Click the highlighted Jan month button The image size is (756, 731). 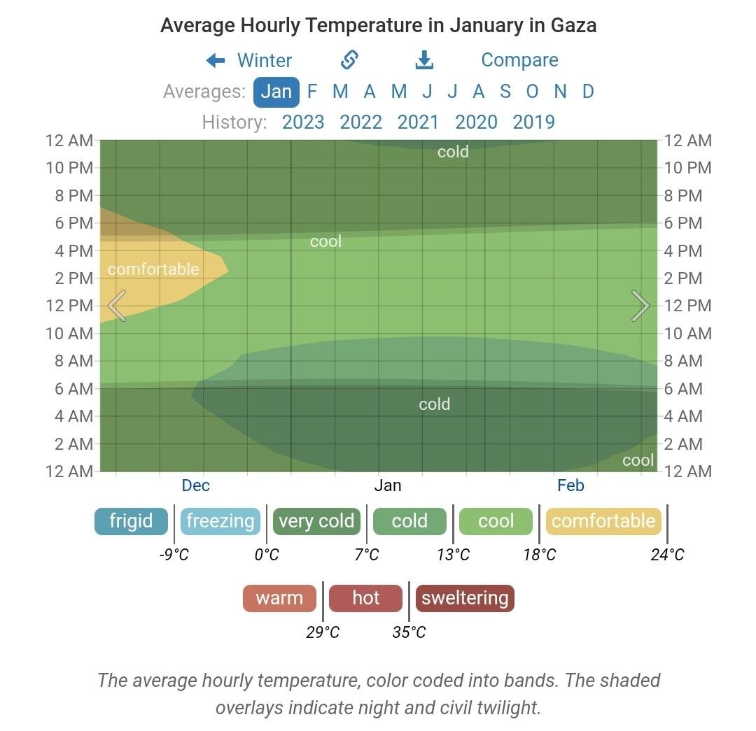(x=276, y=92)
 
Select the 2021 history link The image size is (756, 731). (x=418, y=122)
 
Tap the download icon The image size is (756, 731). (x=424, y=60)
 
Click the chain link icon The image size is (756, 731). (x=350, y=60)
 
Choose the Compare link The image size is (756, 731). (x=519, y=60)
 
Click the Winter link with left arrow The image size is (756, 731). (x=250, y=61)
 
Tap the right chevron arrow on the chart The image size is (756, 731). (x=640, y=306)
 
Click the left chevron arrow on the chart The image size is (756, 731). (x=118, y=306)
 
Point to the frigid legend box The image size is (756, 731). (x=131, y=521)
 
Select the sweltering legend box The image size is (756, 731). (x=465, y=599)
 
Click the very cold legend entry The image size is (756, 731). (x=316, y=521)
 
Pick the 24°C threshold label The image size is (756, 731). (x=667, y=555)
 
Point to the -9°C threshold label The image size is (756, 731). (x=174, y=555)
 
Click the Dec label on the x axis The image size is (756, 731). (x=195, y=485)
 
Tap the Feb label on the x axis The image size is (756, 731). (x=570, y=485)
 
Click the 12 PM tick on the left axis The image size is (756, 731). (x=70, y=306)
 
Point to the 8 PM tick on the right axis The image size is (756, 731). (x=683, y=196)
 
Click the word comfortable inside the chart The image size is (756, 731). (x=153, y=269)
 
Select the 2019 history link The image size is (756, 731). (x=533, y=122)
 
